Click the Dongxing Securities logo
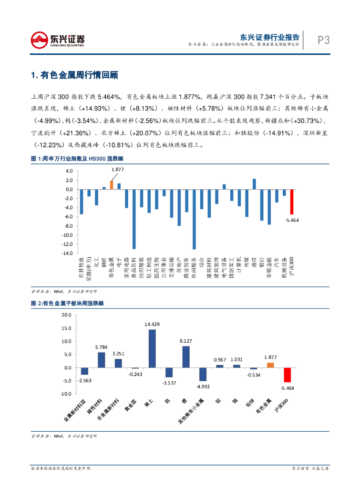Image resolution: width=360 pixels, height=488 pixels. [x=58, y=40]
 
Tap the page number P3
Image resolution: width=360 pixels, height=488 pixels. [x=324, y=41]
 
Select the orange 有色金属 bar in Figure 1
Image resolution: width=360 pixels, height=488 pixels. [x=112, y=185]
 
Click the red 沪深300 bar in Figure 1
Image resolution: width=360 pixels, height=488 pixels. [x=292, y=202]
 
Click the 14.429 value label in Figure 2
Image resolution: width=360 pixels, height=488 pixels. [x=152, y=324]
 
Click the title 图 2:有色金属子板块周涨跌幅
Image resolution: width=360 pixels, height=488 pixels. [x=67, y=303]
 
